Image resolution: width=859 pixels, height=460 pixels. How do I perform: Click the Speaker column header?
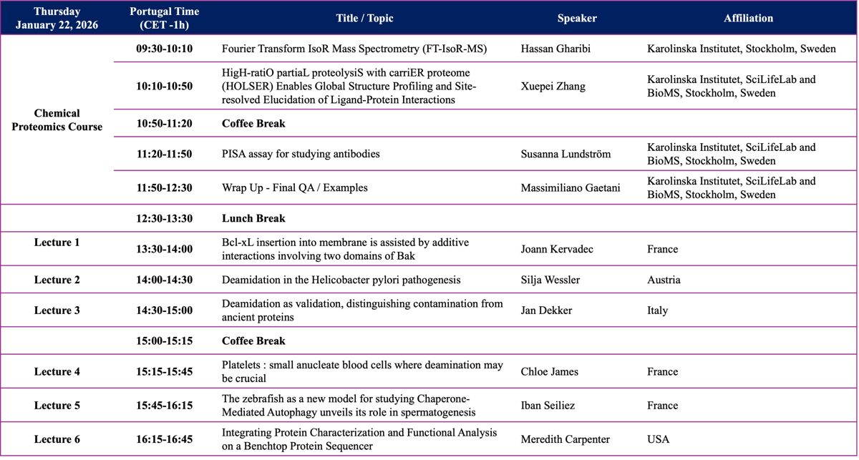[x=577, y=18]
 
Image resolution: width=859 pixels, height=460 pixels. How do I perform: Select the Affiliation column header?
[x=748, y=18]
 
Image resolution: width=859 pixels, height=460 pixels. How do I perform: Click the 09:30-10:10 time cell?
[x=165, y=49]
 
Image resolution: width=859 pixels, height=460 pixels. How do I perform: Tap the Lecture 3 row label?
[x=57, y=310]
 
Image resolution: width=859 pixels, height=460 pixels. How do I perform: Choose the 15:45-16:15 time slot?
[x=165, y=406]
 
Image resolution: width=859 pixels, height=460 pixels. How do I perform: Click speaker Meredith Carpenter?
[x=566, y=439]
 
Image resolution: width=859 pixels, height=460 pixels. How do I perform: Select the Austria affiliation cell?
[x=664, y=280]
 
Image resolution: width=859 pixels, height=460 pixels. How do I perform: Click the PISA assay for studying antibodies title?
[x=301, y=154]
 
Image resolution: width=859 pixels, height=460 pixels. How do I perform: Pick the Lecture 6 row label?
[x=57, y=439]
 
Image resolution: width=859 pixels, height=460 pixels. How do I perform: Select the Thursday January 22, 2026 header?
[x=57, y=18]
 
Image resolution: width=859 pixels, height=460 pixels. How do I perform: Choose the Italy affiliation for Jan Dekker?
[x=657, y=310]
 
